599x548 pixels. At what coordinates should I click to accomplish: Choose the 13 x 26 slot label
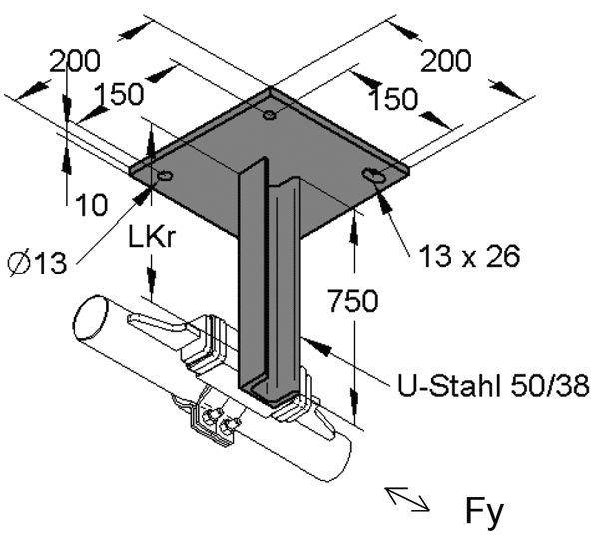467,256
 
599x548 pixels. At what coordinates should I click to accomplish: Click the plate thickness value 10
91,206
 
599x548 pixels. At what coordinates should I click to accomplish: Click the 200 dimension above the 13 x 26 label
444,62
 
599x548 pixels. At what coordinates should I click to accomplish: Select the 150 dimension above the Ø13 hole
120,95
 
